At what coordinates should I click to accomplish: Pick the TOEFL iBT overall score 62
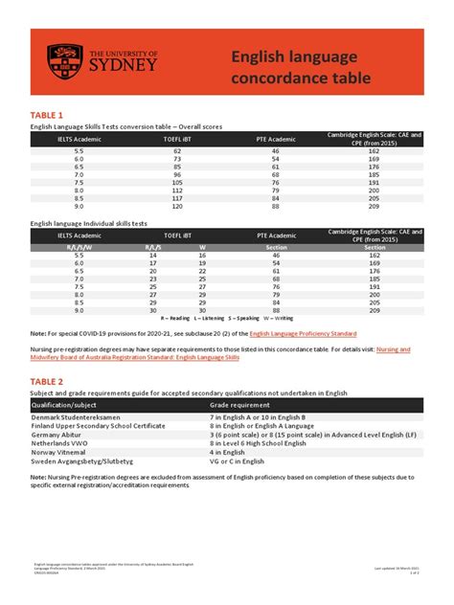(177, 150)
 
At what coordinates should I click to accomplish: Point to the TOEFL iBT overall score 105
(177, 182)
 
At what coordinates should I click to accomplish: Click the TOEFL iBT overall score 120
(177, 206)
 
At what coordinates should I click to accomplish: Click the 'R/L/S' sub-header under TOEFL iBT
(152, 248)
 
